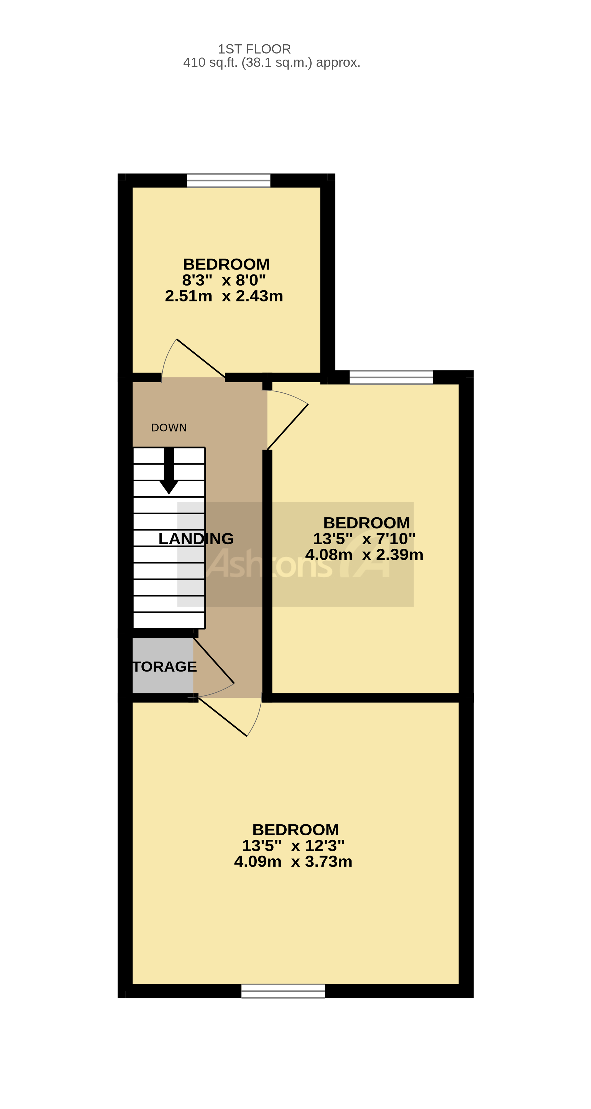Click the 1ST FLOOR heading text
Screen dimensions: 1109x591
[254, 49]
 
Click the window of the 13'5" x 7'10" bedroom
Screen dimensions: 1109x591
[391, 377]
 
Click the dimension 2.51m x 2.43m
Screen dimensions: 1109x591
[224, 296]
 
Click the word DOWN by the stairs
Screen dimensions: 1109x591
[169, 428]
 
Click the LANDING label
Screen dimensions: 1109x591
[196, 539]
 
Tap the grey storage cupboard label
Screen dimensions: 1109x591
[164, 667]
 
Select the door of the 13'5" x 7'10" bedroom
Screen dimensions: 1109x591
[287, 427]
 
